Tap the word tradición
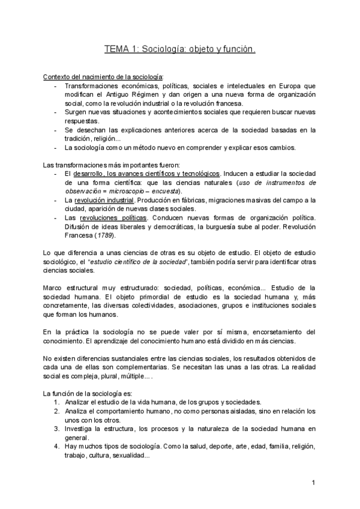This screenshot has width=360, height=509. pos(79,139)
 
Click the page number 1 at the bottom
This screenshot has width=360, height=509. pos(313,483)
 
